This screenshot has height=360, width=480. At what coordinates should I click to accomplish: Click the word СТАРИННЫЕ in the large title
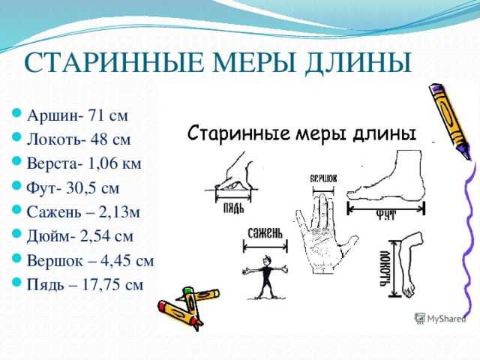113,62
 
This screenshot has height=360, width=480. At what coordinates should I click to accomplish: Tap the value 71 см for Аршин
108,115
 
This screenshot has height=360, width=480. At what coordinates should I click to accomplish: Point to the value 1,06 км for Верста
115,163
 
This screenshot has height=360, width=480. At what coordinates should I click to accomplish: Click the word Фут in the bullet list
43,187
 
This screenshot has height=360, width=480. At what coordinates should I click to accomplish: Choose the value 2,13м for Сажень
119,211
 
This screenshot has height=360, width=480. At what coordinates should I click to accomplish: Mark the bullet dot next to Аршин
16,113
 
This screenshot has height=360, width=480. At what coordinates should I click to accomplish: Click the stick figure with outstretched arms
265,277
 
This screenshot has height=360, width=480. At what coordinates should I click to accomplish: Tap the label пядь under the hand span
233,208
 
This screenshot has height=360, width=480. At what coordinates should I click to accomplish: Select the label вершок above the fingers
323,178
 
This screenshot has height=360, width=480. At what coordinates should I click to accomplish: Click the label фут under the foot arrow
385,214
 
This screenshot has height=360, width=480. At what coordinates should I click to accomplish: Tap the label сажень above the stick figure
265,233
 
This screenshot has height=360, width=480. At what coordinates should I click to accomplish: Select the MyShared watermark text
446,319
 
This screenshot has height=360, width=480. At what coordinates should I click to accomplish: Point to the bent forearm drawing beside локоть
409,264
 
